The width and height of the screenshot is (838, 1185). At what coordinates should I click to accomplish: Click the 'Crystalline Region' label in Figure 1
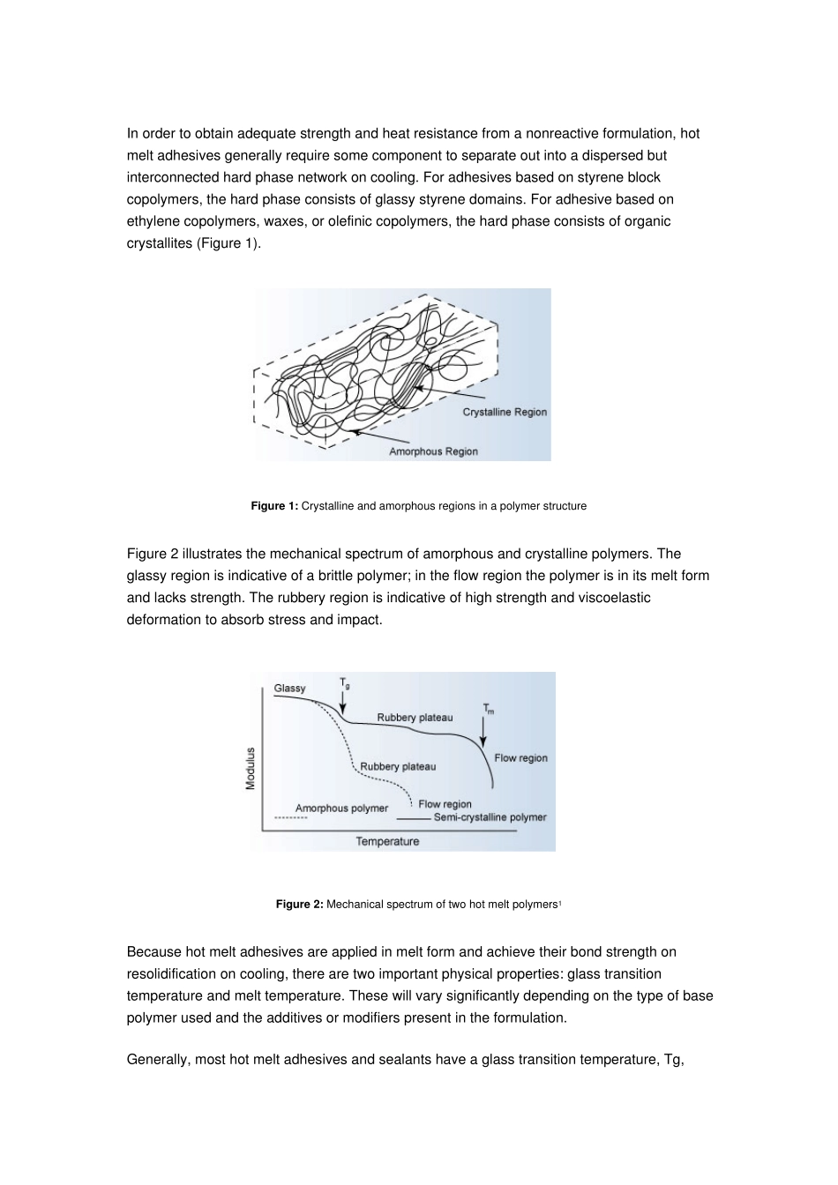pos(505,412)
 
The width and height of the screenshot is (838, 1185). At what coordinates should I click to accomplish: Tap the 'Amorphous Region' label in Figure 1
pos(433,451)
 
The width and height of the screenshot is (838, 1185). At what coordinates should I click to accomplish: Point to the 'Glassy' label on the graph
pos(289,689)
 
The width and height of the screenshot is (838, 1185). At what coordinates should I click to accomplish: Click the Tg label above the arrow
pos(345,683)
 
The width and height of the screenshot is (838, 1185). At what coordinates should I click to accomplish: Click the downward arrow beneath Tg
pos(342,703)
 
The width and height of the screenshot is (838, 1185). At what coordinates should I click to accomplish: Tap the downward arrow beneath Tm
pos(483,732)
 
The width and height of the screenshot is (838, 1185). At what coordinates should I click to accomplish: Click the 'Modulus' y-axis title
pos(251,769)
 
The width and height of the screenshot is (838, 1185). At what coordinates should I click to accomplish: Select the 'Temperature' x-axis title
pos(387,841)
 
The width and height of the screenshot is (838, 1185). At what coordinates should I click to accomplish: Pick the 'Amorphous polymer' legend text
pos(341,809)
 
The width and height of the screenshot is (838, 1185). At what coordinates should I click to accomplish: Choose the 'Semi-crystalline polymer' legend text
pos(490,817)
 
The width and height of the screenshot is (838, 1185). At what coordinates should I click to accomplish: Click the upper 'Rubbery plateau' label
pos(415,718)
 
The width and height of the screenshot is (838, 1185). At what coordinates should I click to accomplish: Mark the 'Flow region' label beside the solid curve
pos(520,758)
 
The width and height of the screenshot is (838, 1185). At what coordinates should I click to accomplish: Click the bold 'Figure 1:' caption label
pos(274,506)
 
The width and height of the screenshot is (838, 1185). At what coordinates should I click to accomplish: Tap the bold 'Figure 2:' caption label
pos(299,905)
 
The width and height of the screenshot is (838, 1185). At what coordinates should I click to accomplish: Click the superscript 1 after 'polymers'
pos(559,903)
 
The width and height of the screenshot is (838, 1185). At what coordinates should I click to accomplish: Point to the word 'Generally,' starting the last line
pos(158,1060)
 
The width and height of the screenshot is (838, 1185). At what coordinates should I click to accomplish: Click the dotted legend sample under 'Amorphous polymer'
pos(290,818)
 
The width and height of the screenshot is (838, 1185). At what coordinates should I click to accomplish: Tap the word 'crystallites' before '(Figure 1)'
pos(160,243)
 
